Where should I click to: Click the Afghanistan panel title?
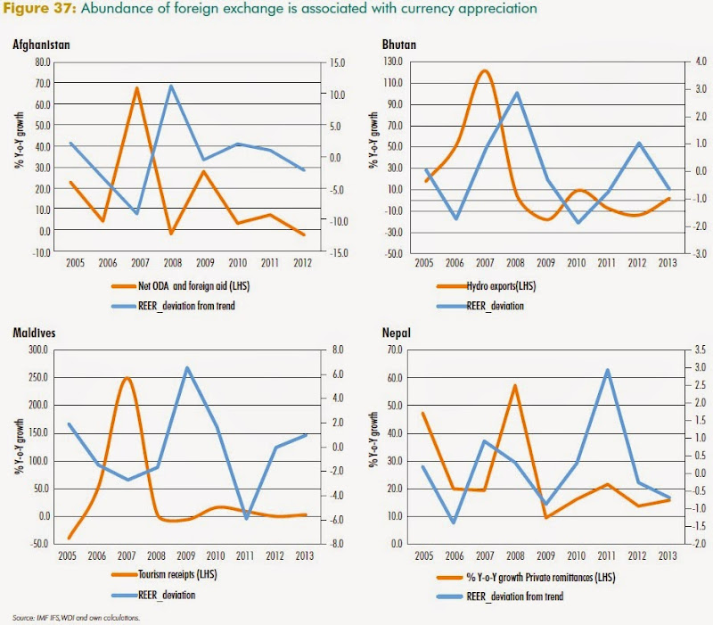pyautogui.click(x=42, y=45)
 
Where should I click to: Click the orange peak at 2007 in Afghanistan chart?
pyautogui.click(x=135, y=87)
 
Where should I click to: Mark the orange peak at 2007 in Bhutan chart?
pyautogui.click(x=484, y=70)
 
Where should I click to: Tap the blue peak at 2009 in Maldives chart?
pyautogui.click(x=186, y=367)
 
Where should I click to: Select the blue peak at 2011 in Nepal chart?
pyautogui.click(x=606, y=370)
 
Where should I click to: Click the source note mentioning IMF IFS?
pyautogui.click(x=76, y=616)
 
